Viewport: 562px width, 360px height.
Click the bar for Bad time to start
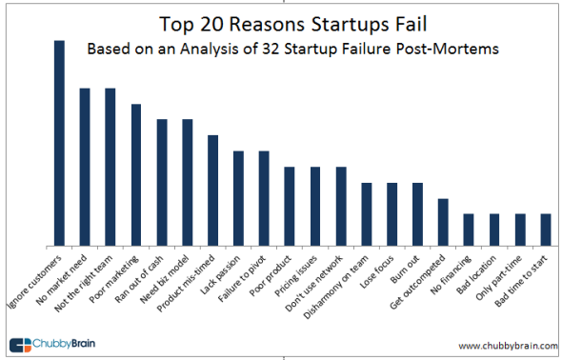click(546, 230)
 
